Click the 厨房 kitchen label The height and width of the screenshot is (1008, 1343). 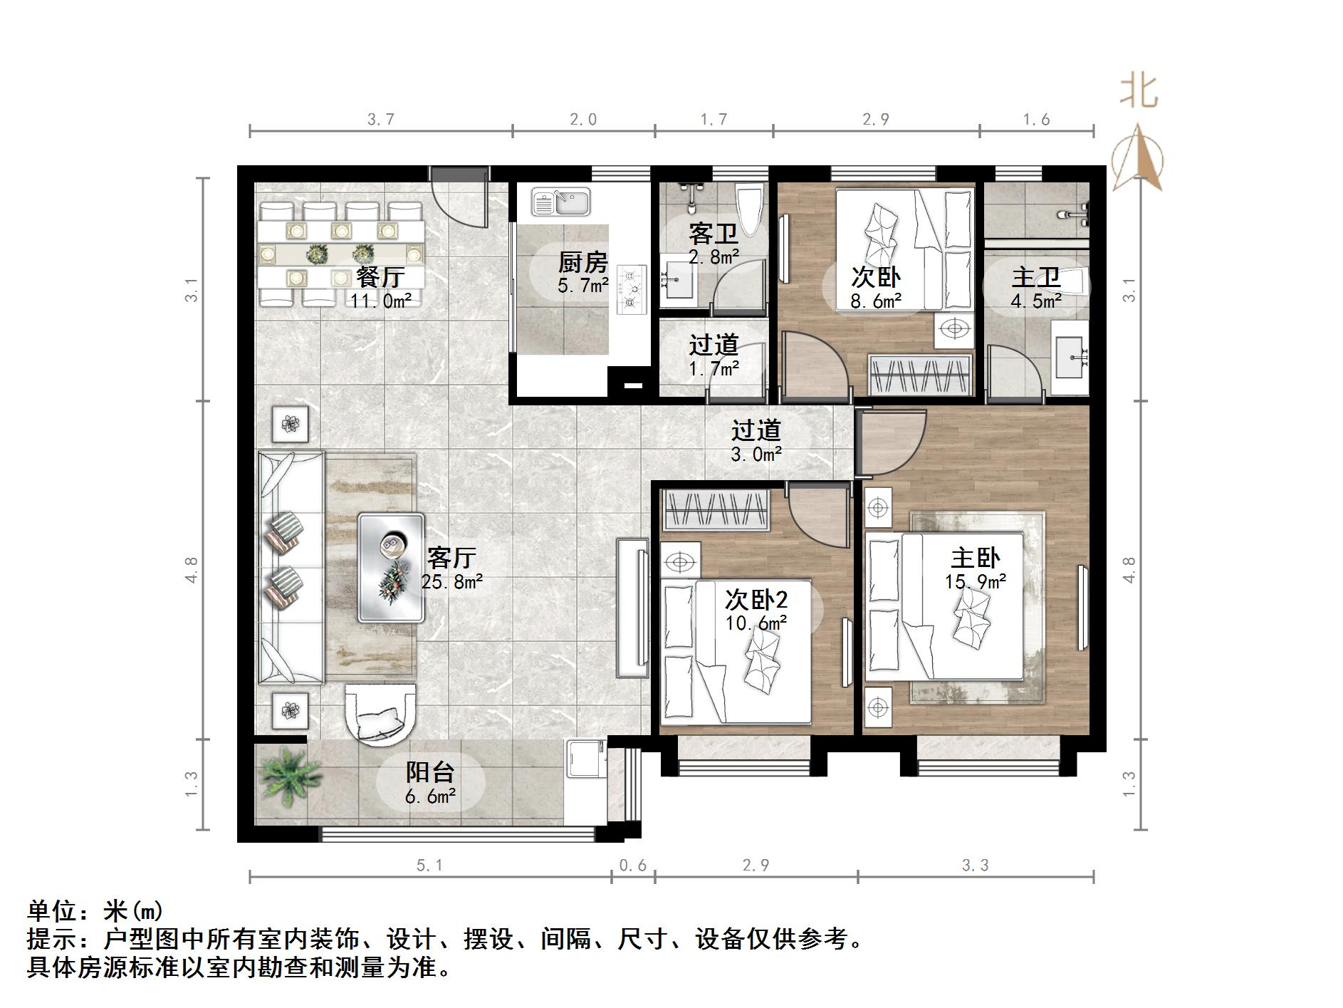582,262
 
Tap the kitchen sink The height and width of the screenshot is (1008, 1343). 561,202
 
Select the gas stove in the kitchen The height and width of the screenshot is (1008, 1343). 631,289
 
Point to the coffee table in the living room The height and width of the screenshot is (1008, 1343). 391,568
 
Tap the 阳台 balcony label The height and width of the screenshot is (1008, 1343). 429,771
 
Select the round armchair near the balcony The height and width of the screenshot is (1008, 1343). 380,715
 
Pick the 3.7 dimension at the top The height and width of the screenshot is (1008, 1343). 381,120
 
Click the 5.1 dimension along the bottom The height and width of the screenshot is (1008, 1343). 429,865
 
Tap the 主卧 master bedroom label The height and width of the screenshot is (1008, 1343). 975,558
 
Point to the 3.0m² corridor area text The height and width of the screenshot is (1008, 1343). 756,454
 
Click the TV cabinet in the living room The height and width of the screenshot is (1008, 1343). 633,608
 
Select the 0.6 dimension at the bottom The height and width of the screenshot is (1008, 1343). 632,865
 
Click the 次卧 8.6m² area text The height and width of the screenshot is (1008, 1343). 875,301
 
